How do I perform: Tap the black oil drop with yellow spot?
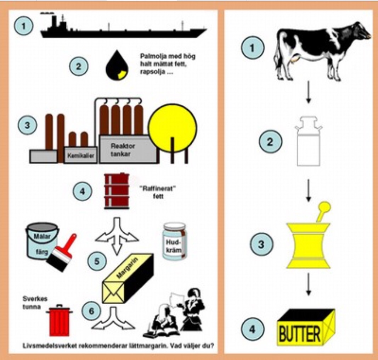point(117,66)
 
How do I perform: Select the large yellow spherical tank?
point(173,128)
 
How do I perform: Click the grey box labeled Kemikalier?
point(80,155)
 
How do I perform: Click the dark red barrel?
point(117,191)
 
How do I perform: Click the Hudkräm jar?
point(175,241)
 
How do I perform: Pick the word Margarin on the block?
point(127,268)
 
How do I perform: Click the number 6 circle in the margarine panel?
point(91,311)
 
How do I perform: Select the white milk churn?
point(308,142)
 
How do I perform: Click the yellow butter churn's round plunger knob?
point(325,207)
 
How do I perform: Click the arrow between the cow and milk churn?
point(308,92)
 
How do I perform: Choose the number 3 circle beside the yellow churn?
point(261,244)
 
